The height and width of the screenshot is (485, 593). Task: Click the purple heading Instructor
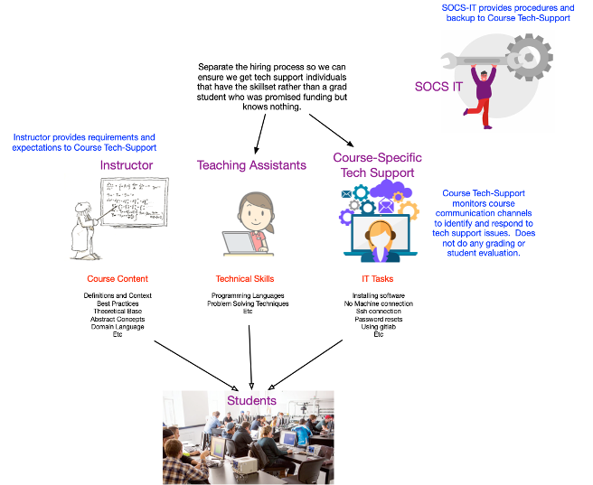pyautogui.click(x=127, y=165)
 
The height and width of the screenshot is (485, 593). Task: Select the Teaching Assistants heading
pyautogui.click(x=251, y=165)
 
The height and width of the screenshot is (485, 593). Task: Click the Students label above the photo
pyautogui.click(x=251, y=400)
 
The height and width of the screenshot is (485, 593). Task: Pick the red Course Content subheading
pyautogui.click(x=118, y=279)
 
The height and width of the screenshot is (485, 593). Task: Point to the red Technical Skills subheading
pyautogui.click(x=245, y=279)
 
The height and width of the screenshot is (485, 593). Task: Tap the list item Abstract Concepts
pyautogui.click(x=118, y=319)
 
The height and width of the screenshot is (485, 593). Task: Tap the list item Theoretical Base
pyautogui.click(x=118, y=311)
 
